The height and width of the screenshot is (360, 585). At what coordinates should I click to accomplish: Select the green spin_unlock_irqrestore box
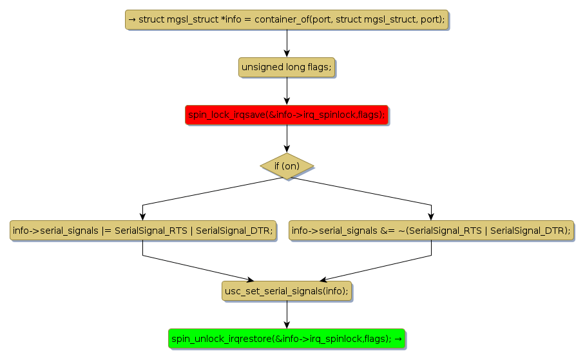287,338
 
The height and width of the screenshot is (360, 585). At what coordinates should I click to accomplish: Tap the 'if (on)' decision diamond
287,166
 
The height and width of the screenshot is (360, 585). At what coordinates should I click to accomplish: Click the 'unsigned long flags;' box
287,67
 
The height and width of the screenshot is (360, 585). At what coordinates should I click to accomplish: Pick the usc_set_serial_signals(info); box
287,291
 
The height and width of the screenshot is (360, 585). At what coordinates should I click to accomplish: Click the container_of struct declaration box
287,19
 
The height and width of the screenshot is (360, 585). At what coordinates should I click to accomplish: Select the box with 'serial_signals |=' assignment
142,231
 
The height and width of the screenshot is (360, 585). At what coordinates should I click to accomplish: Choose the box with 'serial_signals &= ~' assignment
431,231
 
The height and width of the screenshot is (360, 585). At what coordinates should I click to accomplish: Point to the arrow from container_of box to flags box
287,43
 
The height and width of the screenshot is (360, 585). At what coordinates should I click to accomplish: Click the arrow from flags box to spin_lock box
287,91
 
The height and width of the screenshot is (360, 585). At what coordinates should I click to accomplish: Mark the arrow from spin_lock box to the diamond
287,138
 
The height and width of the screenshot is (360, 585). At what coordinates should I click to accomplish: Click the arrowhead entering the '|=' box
142,216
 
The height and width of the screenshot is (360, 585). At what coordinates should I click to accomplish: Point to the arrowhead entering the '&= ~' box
431,216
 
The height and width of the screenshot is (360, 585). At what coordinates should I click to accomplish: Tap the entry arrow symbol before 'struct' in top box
132,19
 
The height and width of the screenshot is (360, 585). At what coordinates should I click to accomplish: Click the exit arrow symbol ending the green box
399,338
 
